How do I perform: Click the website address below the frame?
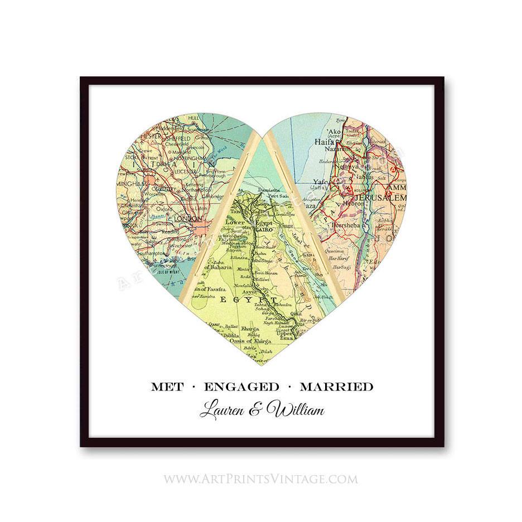pyautogui.click(x=260, y=478)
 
